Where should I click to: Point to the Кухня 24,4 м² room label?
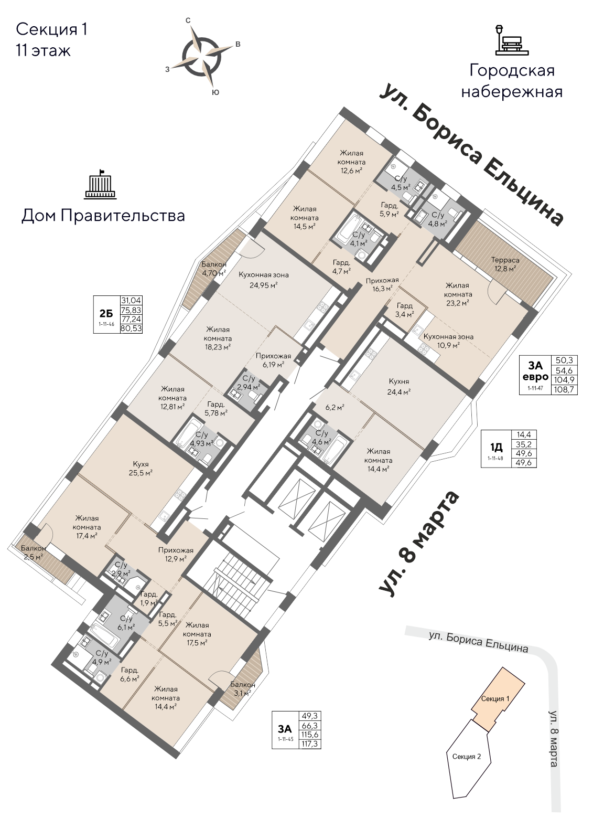pyautogui.click(x=399, y=386)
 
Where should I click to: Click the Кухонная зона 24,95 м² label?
pyautogui.click(x=263, y=280)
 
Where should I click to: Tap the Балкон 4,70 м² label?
pyautogui.click(x=214, y=269)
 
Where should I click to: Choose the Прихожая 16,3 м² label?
pyautogui.click(x=382, y=284)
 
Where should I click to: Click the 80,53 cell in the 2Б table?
pyautogui.click(x=132, y=328)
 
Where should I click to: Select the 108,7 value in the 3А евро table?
pyautogui.click(x=567, y=390)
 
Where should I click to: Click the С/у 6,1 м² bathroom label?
pyautogui.click(x=126, y=622)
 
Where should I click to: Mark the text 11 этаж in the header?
pyautogui.click(x=43, y=51)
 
